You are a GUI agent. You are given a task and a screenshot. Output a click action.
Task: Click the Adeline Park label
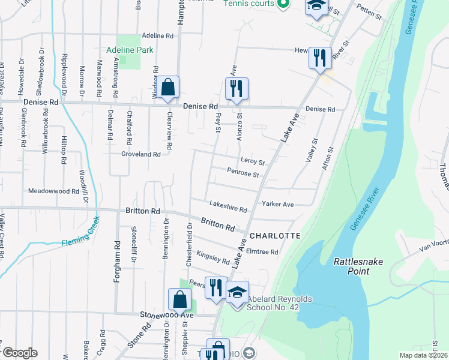click(x=130, y=50)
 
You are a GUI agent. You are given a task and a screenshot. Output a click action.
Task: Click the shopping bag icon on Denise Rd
click(x=169, y=88)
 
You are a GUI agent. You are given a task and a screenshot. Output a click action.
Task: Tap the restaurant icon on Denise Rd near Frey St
click(x=237, y=89)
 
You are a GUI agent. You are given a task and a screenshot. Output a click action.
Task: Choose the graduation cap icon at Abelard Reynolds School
click(x=237, y=292)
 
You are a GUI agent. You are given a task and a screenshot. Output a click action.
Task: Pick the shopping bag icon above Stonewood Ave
click(x=179, y=299)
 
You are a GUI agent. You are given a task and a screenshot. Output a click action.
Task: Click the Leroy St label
click(x=253, y=161)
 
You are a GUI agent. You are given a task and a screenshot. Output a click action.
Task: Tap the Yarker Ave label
click(x=277, y=204)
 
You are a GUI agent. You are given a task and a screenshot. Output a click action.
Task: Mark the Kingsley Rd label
click(x=213, y=258)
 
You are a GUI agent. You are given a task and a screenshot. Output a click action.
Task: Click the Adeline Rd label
click(x=157, y=36)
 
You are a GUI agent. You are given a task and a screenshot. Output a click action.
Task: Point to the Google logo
click(x=20, y=353)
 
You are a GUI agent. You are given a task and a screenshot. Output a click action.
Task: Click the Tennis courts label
click(x=249, y=4)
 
